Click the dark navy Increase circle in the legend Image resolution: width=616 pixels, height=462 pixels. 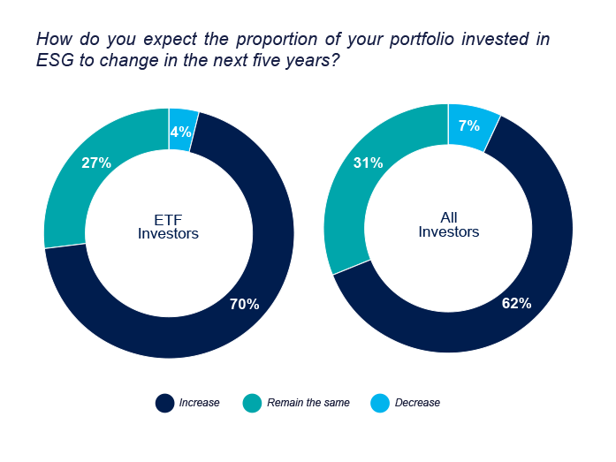164,403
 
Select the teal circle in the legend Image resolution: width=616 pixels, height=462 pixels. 253,403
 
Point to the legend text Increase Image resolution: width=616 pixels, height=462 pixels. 199,403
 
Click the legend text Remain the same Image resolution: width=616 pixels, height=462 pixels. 308,403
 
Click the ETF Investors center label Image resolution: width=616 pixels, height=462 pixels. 169,226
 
